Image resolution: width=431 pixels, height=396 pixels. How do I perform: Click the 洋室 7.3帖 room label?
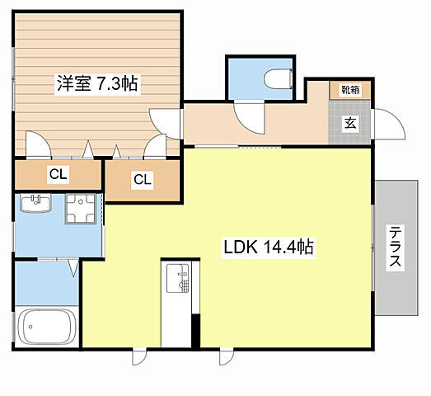pos(97,83)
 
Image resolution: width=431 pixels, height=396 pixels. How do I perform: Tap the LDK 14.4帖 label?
pos(269,247)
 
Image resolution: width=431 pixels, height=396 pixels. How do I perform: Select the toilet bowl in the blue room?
pos(278,78)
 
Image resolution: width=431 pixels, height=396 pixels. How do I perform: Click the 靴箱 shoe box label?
pos(350,90)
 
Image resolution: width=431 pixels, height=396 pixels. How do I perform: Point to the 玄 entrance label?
pos(350,123)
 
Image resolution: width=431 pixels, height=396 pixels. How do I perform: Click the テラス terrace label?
pos(395,247)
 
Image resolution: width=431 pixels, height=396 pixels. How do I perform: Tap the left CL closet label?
pos(58,174)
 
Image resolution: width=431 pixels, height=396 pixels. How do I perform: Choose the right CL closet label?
pos(143,180)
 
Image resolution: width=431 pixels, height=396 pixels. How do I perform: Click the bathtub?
pos(47,327)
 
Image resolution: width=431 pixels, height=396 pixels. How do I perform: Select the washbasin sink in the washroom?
pos(36,203)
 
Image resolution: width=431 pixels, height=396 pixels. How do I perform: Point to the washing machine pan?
pos(81,209)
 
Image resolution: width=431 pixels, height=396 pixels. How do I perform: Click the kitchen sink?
pos(178,278)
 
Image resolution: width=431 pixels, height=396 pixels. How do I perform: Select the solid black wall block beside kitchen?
pos(195,332)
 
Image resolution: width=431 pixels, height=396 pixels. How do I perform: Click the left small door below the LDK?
pos(139,357)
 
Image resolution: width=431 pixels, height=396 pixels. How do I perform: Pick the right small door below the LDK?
pos(227,357)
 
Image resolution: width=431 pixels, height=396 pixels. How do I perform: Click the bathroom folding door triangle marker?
pos(73,268)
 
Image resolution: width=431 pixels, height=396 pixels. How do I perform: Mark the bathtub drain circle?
pos(30,327)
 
